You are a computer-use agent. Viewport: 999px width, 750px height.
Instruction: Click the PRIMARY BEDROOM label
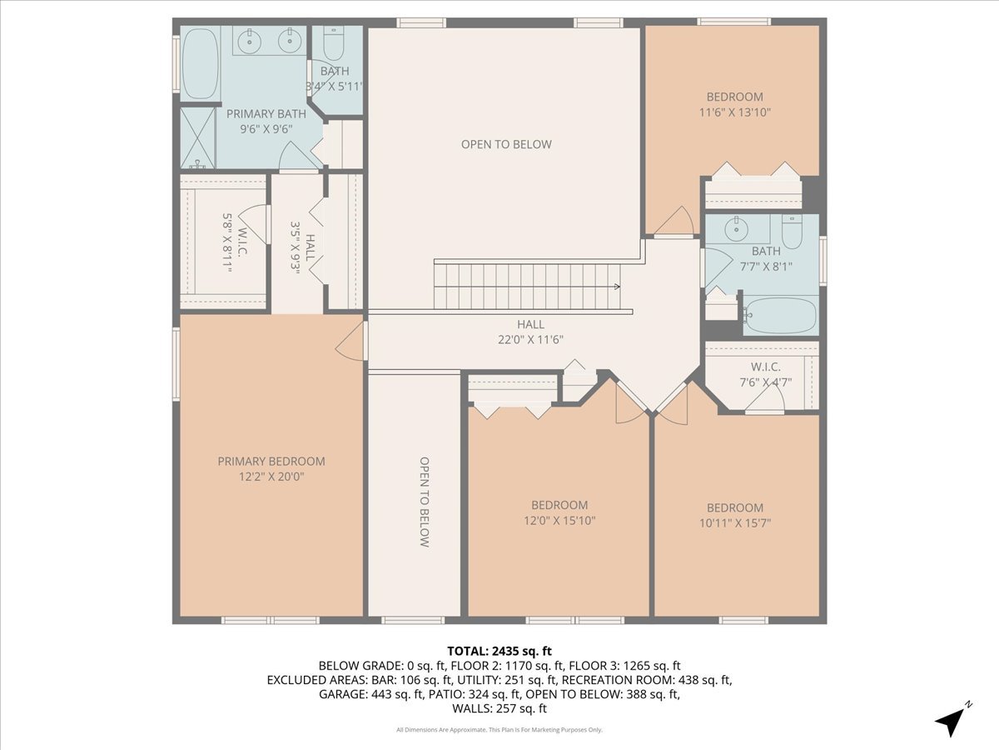[271, 462]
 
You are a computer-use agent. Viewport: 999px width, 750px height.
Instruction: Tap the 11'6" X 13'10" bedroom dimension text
[734, 112]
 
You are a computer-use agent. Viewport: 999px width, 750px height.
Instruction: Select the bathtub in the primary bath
[201, 63]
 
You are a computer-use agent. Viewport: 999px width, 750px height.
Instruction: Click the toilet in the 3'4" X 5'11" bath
[334, 42]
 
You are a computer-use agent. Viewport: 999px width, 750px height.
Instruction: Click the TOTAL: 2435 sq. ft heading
[499, 651]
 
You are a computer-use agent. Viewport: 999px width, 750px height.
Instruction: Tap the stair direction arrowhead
[617, 287]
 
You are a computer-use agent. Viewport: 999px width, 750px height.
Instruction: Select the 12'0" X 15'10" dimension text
[559, 521]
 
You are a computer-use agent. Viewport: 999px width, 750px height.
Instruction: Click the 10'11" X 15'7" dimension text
[735, 522]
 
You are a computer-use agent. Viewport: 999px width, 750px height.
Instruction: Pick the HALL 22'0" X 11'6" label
[530, 332]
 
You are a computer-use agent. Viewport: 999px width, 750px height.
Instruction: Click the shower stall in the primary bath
[198, 137]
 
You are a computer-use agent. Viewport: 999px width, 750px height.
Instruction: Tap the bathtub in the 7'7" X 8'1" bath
[780, 315]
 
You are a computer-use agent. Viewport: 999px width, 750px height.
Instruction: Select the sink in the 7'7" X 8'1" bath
[733, 228]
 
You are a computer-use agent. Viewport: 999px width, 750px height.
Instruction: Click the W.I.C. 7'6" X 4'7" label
[766, 374]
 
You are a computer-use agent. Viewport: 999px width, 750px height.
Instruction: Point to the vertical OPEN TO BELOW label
[424, 502]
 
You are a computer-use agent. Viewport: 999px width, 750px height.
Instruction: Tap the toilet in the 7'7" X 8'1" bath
[793, 232]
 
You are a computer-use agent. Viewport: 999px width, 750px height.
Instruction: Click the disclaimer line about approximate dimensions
[499, 730]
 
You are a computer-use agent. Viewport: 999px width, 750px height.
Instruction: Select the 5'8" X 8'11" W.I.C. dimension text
[227, 242]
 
